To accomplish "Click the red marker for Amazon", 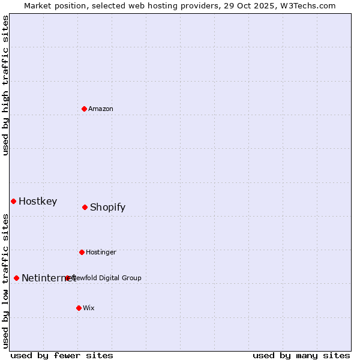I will click(x=84, y=109).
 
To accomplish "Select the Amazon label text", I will click(x=101, y=109).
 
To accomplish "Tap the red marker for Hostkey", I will click(x=13, y=201).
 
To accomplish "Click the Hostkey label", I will click(x=38, y=202).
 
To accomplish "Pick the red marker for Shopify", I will click(x=85, y=207).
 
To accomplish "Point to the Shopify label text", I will click(x=107, y=208).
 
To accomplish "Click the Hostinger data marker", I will click(x=82, y=252).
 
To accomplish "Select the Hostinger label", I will click(x=101, y=252).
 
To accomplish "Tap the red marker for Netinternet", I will click(x=16, y=278).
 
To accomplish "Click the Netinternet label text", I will click(x=48, y=278).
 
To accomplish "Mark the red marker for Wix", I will click(x=79, y=308).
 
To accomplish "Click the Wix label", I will click(x=89, y=308).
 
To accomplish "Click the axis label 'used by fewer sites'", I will click(x=62, y=355).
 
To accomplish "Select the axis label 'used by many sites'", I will click(x=301, y=355).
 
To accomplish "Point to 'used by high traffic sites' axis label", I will click(x=5, y=85).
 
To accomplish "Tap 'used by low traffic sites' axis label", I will click(x=5, y=280).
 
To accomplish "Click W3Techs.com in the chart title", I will click(x=310, y=5).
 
